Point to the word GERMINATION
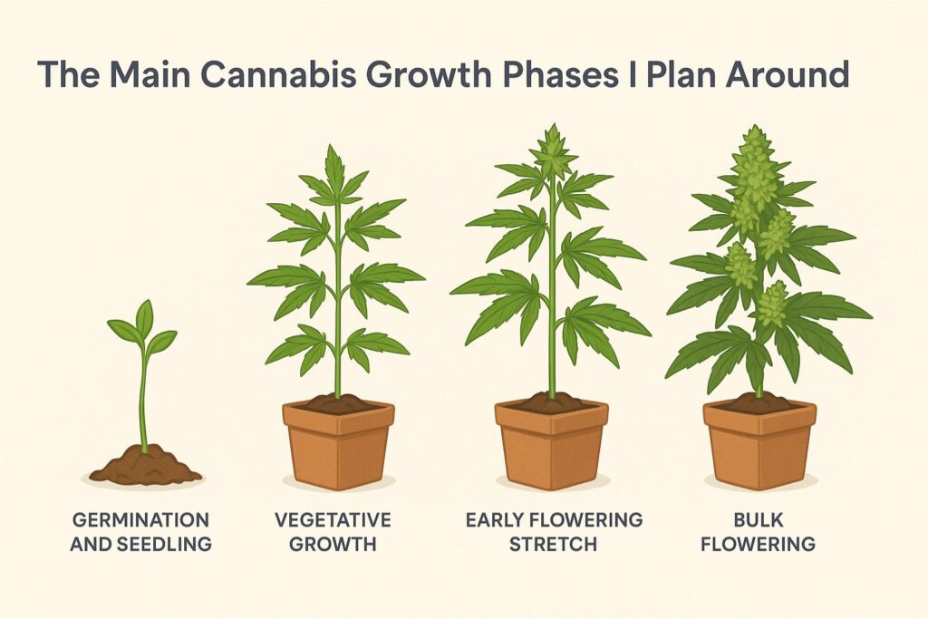click(140, 520)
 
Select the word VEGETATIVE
click(333, 520)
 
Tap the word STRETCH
click(554, 544)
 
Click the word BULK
click(759, 520)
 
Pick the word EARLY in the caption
click(494, 520)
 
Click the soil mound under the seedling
click(145, 464)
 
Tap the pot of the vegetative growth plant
click(338, 444)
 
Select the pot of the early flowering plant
click(552, 444)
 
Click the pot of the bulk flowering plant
click(760, 444)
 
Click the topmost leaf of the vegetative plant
click(335, 163)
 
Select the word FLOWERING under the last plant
click(759, 544)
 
